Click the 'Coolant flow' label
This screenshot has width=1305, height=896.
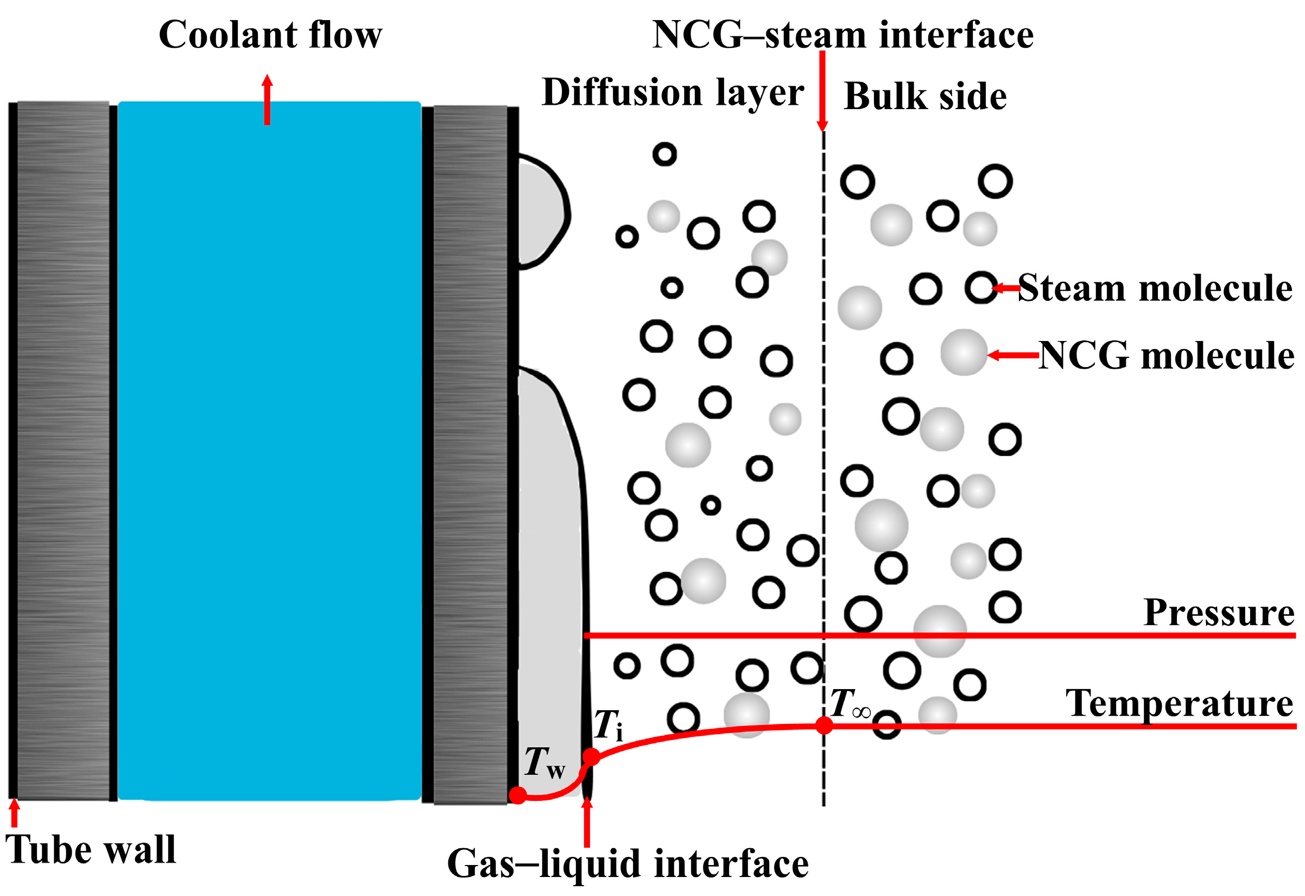coord(270,35)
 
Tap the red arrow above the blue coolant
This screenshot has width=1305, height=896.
coord(267,99)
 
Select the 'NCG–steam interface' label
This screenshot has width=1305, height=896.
coord(842,35)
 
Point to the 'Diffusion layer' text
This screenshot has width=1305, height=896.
coord(672,93)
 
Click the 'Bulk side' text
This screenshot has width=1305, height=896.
coord(925,97)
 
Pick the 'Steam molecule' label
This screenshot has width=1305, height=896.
coord(1155,288)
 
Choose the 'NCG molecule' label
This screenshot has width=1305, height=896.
coord(1165,356)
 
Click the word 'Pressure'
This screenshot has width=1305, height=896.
coord(1219,613)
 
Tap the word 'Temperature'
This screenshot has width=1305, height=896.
coord(1179,703)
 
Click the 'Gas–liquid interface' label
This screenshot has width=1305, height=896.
coord(627,863)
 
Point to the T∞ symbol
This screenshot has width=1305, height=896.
coord(850,704)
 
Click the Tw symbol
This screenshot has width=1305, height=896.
coord(543,763)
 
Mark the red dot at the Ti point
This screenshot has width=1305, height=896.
coord(591,756)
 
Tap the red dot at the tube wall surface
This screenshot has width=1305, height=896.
coord(518,795)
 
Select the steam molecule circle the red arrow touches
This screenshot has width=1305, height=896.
coord(981,288)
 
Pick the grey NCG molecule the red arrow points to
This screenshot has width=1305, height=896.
coord(964,352)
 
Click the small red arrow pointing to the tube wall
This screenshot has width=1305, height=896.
coord(15,813)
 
